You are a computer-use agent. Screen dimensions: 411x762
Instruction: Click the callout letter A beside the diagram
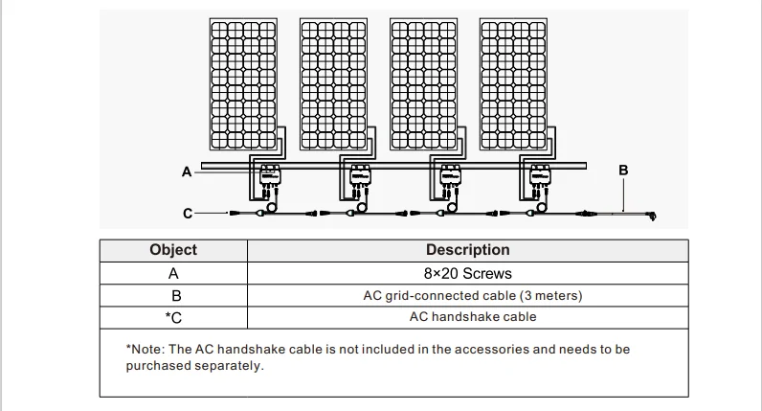click(186, 171)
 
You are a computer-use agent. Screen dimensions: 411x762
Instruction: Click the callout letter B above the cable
click(623, 170)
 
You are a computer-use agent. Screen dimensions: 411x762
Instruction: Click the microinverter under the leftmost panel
click(267, 176)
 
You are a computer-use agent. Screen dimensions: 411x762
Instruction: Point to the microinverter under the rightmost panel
click(540, 176)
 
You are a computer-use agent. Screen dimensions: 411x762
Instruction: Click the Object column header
click(173, 250)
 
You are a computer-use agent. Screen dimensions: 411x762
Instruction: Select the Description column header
click(467, 250)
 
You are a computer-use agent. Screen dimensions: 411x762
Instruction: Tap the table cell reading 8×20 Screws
click(467, 274)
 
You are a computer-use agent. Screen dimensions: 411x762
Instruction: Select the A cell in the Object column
click(173, 274)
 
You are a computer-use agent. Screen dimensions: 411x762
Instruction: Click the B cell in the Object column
click(173, 295)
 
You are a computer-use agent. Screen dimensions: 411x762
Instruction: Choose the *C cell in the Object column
click(173, 316)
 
